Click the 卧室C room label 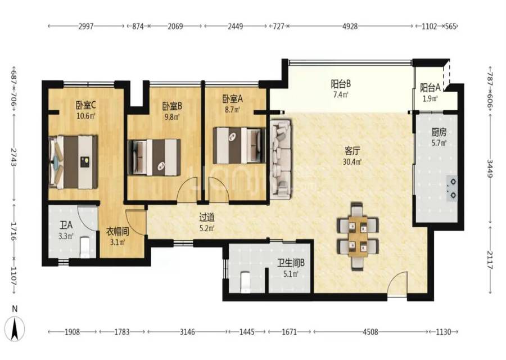click(x=85, y=105)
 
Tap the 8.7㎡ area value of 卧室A click(x=232, y=110)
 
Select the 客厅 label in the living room click(x=352, y=151)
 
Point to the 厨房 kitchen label click(x=439, y=132)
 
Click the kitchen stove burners click(x=452, y=188)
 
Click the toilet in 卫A click(x=84, y=247)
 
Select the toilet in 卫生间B click(x=245, y=282)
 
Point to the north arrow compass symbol click(x=15, y=328)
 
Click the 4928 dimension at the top click(x=350, y=26)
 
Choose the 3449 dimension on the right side click(x=490, y=169)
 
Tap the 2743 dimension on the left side click(x=14, y=157)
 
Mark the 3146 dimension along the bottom click(x=187, y=331)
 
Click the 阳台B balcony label click(x=341, y=84)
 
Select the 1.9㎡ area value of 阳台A click(x=430, y=98)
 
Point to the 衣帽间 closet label click(x=118, y=232)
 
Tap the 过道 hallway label click(x=207, y=217)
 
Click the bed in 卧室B click(x=154, y=157)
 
